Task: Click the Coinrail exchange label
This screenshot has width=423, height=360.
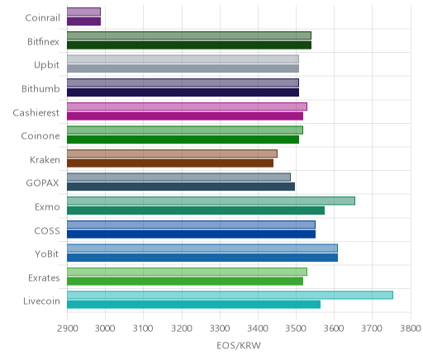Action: (x=42, y=18)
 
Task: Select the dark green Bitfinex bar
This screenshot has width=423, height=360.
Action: (x=189, y=45)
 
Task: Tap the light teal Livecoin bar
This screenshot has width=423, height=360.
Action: (x=230, y=295)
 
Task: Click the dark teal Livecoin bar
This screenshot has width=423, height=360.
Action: (x=193, y=305)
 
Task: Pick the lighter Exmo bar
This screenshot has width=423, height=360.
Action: (x=211, y=201)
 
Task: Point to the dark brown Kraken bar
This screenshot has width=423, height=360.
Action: (x=170, y=163)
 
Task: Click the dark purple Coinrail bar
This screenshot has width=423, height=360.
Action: (x=83, y=21)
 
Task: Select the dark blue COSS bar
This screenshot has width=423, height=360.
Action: (x=191, y=234)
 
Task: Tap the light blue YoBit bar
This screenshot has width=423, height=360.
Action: (x=202, y=248)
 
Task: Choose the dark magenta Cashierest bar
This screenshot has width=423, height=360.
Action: (x=185, y=116)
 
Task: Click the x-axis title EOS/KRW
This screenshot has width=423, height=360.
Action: (x=239, y=345)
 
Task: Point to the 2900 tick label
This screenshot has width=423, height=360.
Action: (x=68, y=329)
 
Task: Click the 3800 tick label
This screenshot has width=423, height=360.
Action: (x=411, y=329)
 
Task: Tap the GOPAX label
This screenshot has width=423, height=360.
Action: (x=42, y=183)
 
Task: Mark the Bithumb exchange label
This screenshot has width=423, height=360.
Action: (x=40, y=88)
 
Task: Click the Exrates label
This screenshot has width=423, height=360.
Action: (x=44, y=278)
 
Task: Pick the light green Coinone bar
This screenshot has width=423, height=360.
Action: (x=185, y=130)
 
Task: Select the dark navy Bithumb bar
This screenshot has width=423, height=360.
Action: (x=183, y=92)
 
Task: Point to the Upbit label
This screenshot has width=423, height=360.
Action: (x=46, y=65)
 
